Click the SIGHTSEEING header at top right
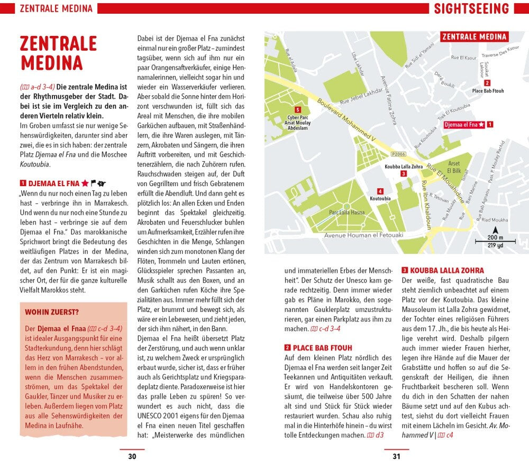pyautogui.click(x=471, y=8)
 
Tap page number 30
pyautogui.click(x=132, y=456)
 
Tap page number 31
pyautogui.click(x=396, y=456)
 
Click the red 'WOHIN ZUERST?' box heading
pyautogui.click(x=52, y=312)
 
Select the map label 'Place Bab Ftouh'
pyautogui.click(x=488, y=91)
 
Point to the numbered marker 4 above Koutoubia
pyautogui.click(x=380, y=191)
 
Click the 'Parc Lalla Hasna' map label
pyautogui.click(x=346, y=213)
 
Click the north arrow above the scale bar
pyautogui.click(x=495, y=230)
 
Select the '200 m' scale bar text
pyautogui.click(x=495, y=238)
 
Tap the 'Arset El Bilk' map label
pyautogui.click(x=454, y=168)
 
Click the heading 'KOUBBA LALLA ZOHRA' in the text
pyautogui.click(x=439, y=270)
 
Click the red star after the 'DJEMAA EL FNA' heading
pyautogui.click(x=85, y=184)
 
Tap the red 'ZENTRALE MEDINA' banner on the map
pyautogui.click(x=474, y=37)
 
